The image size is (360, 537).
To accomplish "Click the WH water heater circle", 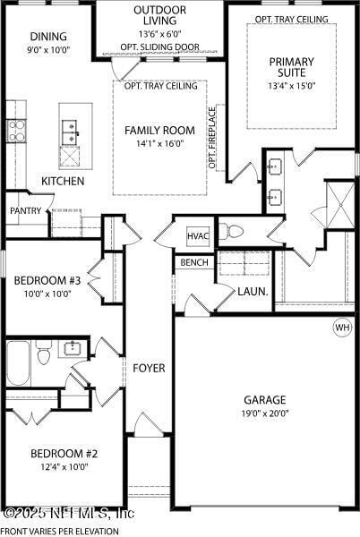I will pos(342,327).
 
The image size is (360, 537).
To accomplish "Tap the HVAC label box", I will pos(198,235).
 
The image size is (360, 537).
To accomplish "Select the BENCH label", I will pos(193,263).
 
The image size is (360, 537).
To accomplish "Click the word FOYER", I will pos(149,369).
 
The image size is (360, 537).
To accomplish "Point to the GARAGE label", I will pos(264,400).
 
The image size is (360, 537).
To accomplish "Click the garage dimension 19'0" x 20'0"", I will pos(264,414).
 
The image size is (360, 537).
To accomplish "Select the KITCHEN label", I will pos(63,181).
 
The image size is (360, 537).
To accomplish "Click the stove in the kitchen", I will pos(17,131).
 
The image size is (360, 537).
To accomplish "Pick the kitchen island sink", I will pos(68,132).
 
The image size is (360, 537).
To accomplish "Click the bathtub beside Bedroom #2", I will pos(19,362).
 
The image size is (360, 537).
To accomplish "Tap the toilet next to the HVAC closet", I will pos(231,233).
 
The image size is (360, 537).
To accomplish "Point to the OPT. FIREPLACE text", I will pos(212,138).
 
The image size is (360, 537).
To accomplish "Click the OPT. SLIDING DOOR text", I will pos(160,47).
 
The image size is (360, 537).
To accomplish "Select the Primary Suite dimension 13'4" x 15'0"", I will pos(292,87).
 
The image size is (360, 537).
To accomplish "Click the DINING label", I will pos(47,37).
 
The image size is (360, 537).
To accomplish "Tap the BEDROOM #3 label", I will pos(47,280).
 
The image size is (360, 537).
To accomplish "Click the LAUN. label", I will pos(249,291).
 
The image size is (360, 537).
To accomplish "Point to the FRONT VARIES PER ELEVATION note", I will pos(59,531).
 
